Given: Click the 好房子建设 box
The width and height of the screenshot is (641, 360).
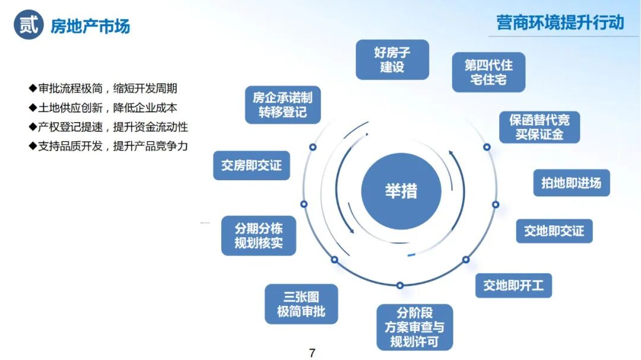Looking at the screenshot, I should point(392,59).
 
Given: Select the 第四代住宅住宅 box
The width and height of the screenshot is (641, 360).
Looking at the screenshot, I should point(488,72).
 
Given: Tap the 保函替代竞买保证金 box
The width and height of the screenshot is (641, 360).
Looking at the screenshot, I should point(539,127).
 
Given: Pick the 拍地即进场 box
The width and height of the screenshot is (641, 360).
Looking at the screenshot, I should point(571,183).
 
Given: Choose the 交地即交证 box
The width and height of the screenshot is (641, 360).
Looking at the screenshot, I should point(554,231).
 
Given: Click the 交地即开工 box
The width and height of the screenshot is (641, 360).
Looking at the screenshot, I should point(513,286).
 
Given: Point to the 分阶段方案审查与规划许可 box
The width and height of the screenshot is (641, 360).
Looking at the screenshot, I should point(414,327).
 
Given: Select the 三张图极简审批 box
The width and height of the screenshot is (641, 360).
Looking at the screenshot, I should point(301,304).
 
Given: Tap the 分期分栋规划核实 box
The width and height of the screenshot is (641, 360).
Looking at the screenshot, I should point(258,235).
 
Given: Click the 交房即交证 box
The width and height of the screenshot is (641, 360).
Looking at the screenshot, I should point(252,165).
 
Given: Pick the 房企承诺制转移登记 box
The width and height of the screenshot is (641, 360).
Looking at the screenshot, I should point(283,105).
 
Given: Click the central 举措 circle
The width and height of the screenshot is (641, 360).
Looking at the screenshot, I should point(401,191).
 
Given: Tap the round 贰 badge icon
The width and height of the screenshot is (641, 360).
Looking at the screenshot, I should point(28,25).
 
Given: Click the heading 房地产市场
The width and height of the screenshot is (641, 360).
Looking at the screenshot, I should point(90,26).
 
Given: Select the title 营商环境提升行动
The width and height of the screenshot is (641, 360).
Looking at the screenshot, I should point(560,23).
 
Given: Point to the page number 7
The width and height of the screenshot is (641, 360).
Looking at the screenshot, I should point(312,353).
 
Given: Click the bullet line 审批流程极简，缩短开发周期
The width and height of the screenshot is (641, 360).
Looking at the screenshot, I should point(107,89).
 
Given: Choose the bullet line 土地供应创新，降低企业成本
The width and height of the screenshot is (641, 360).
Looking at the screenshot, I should point(107,108).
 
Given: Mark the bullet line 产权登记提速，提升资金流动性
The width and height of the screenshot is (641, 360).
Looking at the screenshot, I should point(113,127).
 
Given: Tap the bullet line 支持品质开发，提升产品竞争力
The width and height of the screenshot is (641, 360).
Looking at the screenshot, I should point(113,146).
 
